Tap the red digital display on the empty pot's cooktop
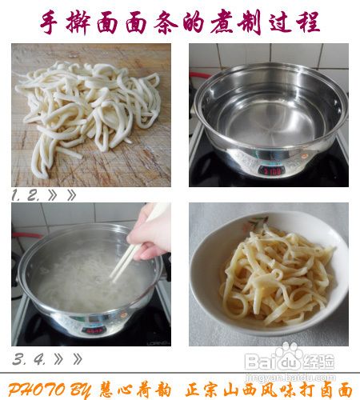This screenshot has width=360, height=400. (x=272, y=170)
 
